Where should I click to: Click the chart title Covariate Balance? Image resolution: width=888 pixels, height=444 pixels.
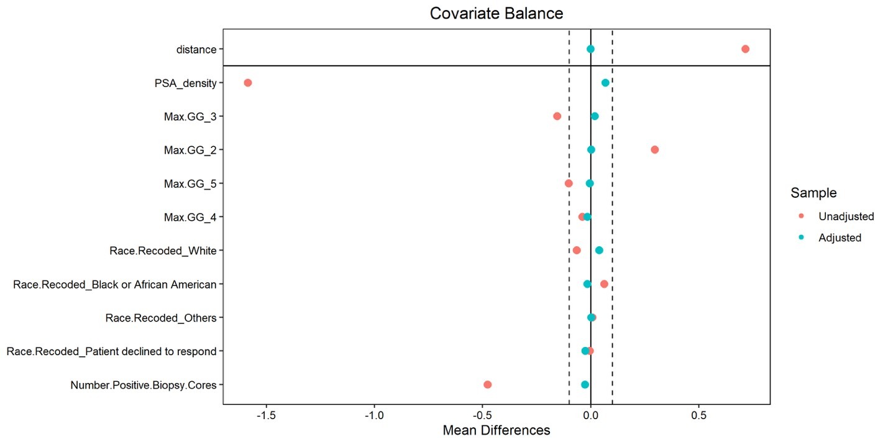[x=497, y=14]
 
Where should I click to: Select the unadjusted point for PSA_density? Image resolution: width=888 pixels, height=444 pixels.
[x=248, y=83]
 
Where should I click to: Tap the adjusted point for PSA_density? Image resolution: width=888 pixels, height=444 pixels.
[x=605, y=83]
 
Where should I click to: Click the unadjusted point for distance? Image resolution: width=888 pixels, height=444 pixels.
[x=745, y=49]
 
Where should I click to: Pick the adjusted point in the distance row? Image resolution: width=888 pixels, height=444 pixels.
[x=590, y=49]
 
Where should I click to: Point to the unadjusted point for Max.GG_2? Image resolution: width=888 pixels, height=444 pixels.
[x=655, y=150]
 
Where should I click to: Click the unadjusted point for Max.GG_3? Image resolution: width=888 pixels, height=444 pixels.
[x=557, y=116]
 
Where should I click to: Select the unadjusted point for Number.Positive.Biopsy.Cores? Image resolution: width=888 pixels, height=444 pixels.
[x=488, y=384]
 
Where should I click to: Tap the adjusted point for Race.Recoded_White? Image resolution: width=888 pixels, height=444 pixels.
[x=599, y=251]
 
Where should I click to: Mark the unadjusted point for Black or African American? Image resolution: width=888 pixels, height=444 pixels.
[x=604, y=284]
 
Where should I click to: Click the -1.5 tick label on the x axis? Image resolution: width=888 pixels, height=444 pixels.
[x=266, y=415]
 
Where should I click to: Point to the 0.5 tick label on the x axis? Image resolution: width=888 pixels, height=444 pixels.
[x=699, y=415]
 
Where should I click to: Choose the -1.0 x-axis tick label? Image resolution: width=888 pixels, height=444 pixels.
[x=374, y=415]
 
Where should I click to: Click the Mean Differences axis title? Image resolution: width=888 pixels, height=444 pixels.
[x=497, y=430]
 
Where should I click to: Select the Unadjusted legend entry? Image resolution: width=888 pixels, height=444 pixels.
[x=846, y=216]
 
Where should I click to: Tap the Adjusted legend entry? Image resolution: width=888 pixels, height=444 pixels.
[x=840, y=238]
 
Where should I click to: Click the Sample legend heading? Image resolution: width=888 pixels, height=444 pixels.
[x=813, y=193]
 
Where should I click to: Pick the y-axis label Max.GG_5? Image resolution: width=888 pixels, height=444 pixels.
[x=190, y=183]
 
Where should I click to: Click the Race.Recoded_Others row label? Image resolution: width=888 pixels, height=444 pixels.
[x=161, y=318]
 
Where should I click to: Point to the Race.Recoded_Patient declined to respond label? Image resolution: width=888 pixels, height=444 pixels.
[x=112, y=351]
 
